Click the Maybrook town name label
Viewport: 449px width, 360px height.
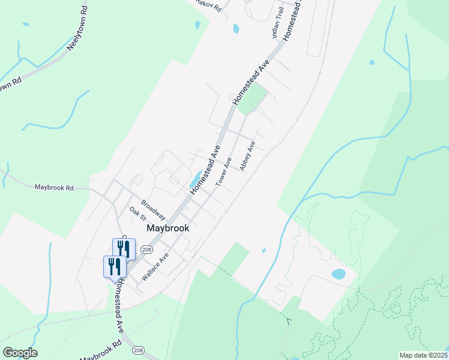pyautogui.click(x=169, y=228)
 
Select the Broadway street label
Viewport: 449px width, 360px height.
pyautogui.click(x=153, y=209)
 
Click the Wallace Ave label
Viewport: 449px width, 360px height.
pyautogui.click(x=155, y=267)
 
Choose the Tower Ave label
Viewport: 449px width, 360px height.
pyautogui.click(x=224, y=172)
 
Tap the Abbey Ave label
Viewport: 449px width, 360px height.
pyautogui.click(x=248, y=156)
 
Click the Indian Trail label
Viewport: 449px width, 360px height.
pyautogui.click(x=278, y=27)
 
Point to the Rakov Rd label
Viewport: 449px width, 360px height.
pyautogui.click(x=209, y=5)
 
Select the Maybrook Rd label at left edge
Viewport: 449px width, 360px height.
pyautogui.click(x=53, y=187)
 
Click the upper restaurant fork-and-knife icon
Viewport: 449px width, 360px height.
pyautogui.click(x=124, y=249)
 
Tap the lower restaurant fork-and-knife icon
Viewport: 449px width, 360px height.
pyautogui.click(x=115, y=266)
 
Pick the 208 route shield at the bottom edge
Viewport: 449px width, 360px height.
pyautogui.click(x=138, y=350)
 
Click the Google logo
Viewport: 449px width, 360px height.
pyautogui.click(x=20, y=353)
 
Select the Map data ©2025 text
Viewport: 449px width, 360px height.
pyautogui.click(x=423, y=355)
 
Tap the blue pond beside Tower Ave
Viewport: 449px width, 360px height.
pyautogui.click(x=196, y=179)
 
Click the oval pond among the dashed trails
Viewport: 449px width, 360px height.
pyautogui.click(x=339, y=274)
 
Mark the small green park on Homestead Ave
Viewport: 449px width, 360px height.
pyautogui.click(x=253, y=99)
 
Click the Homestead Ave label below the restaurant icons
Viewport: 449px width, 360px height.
pyautogui.click(x=120, y=305)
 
